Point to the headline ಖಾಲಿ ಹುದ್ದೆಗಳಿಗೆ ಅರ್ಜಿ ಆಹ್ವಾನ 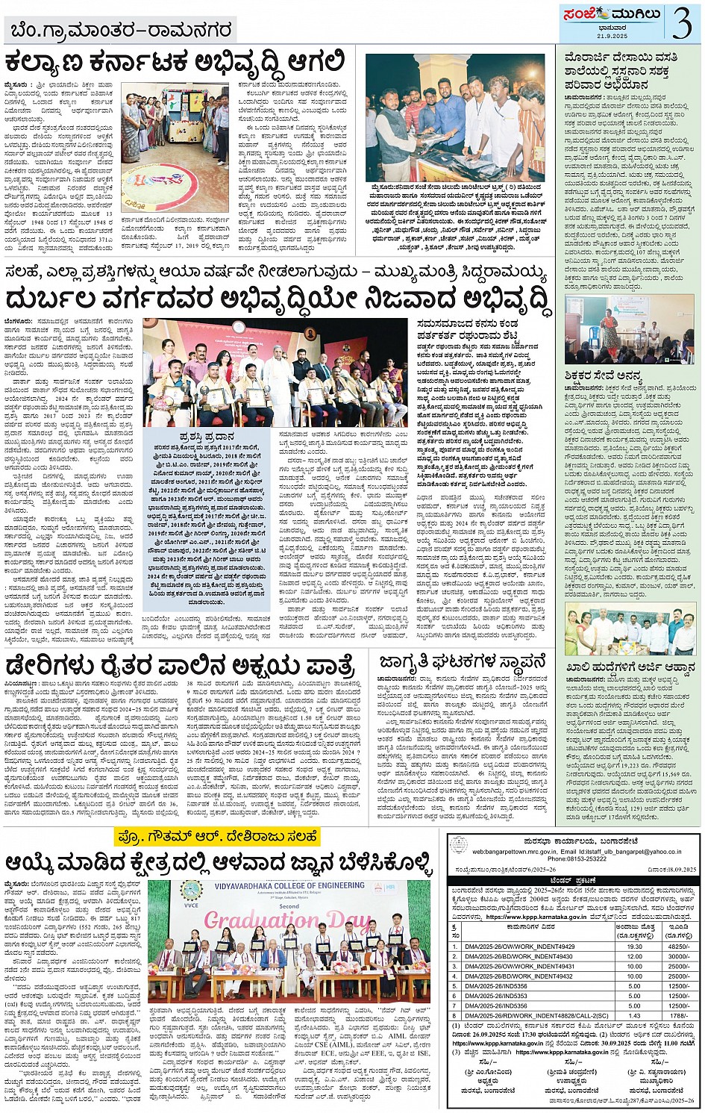(x=630, y=667)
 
